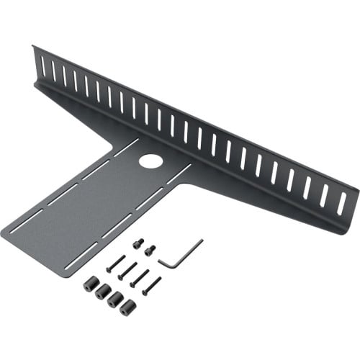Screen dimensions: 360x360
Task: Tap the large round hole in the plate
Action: coord(151,161)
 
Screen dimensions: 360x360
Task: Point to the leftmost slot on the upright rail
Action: coord(42,66)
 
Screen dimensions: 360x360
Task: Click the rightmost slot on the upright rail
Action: coord(341,203)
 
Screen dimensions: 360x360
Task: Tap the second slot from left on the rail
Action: coord(53,71)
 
